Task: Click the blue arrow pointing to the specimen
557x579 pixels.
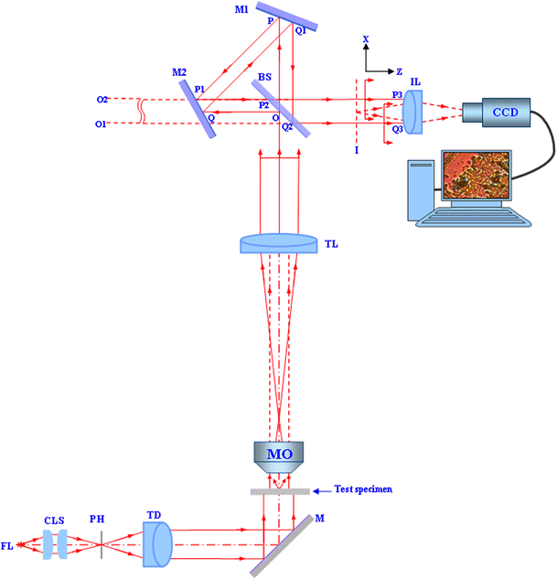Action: coord(325,490)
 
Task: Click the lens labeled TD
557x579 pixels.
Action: coord(158,543)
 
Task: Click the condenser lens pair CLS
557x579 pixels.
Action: coord(55,546)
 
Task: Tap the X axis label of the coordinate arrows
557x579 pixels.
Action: coord(366,40)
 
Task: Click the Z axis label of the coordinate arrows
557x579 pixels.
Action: coord(400,70)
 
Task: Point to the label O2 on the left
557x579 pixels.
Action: coord(103,99)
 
